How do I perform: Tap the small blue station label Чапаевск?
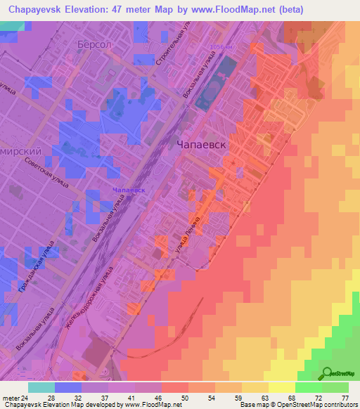(128, 190)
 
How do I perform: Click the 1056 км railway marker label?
(221, 47)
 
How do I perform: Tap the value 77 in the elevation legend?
(345, 398)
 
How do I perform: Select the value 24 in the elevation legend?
(30, 398)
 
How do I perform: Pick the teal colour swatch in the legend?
(41, 387)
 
